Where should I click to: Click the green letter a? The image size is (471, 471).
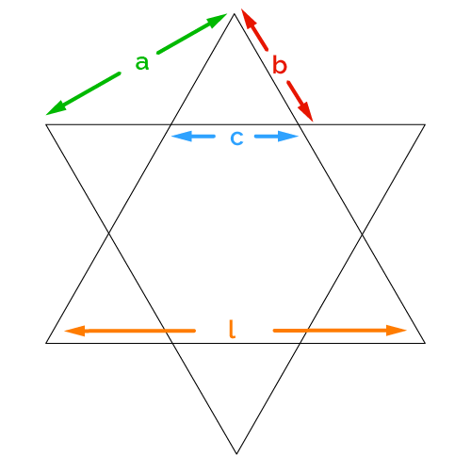(x=142, y=63)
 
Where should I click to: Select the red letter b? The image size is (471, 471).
(x=280, y=65)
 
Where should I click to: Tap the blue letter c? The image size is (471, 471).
(x=236, y=138)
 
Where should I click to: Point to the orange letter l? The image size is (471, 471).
(x=232, y=329)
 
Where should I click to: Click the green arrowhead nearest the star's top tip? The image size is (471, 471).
(x=217, y=20)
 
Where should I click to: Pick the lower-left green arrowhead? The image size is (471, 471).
(x=57, y=108)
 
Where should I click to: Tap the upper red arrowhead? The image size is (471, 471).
(x=248, y=19)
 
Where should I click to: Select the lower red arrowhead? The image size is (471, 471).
(x=306, y=111)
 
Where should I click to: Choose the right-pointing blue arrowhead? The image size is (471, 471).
(x=288, y=137)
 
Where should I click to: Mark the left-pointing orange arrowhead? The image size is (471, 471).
(x=74, y=331)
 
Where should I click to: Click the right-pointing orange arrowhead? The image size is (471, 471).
(x=397, y=331)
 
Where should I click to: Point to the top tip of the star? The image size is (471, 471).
(x=235, y=14)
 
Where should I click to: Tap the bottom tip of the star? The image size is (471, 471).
(x=236, y=454)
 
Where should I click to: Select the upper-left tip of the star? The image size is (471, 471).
(x=46, y=124)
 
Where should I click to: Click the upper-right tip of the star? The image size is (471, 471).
(x=425, y=124)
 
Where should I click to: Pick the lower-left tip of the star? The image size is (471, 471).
(x=46, y=343)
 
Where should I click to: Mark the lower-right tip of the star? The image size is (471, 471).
(x=425, y=343)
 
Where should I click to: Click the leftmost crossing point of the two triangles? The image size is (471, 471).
(x=109, y=233)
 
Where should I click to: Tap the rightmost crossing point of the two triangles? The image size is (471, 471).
(x=363, y=234)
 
